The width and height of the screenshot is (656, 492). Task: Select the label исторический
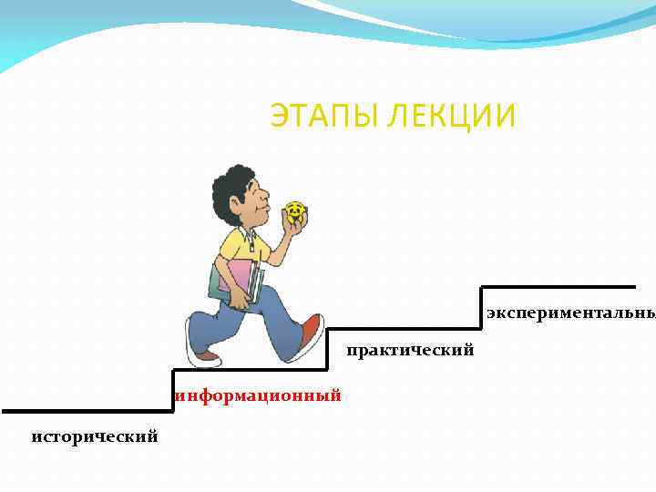tap(94, 437)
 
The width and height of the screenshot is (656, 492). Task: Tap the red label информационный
tap(259, 395)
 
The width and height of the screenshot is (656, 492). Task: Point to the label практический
tap(410, 350)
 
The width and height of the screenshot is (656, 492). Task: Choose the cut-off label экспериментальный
tap(570, 313)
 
